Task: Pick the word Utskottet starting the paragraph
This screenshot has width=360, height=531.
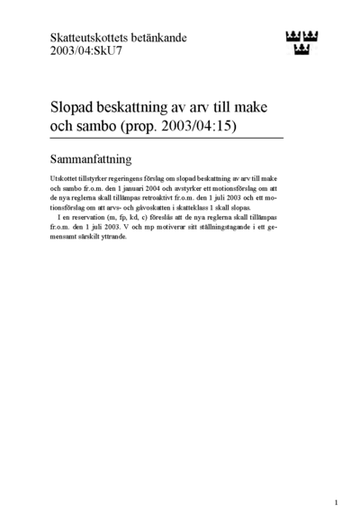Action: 67,180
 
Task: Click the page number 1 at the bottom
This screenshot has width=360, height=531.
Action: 336,502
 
